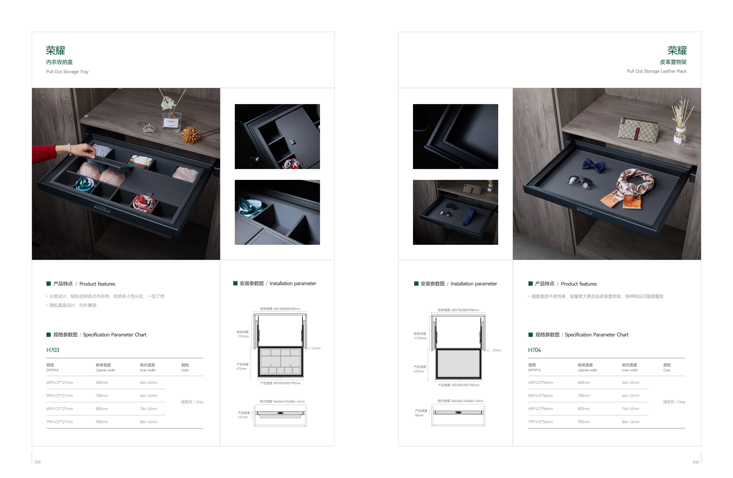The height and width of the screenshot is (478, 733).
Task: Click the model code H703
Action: click(x=53, y=350)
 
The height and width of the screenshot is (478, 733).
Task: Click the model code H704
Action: click(x=534, y=350)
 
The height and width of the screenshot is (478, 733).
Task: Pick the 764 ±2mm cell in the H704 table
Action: click(x=630, y=409)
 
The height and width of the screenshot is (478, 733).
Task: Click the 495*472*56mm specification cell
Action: click(x=540, y=382)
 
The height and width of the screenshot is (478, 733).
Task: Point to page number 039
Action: click(x=38, y=462)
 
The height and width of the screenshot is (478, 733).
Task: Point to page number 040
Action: click(x=695, y=462)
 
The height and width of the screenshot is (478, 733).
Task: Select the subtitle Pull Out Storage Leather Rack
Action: click(x=657, y=71)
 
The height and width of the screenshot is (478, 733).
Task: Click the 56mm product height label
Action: click(x=419, y=415)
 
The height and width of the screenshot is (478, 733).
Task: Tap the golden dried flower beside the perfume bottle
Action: click(x=190, y=135)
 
